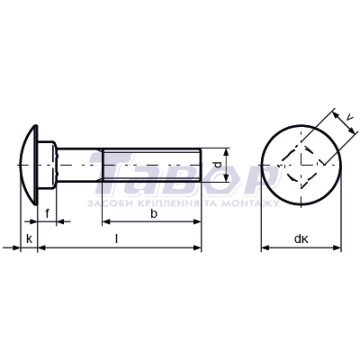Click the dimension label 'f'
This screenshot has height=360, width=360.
coord(47,213)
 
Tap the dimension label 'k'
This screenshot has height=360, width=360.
coord(30,239)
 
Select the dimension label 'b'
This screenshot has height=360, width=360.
coord(153,214)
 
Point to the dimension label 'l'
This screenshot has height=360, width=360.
coord(116,239)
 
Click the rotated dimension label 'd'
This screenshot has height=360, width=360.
coord(217,165)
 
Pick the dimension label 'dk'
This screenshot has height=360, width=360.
coord(301,239)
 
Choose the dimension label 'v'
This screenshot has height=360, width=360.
coord(349,117)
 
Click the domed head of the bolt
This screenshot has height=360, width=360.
coord(29,165)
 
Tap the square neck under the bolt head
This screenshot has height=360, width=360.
coord(47,165)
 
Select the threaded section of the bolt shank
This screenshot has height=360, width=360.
coord(152,165)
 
